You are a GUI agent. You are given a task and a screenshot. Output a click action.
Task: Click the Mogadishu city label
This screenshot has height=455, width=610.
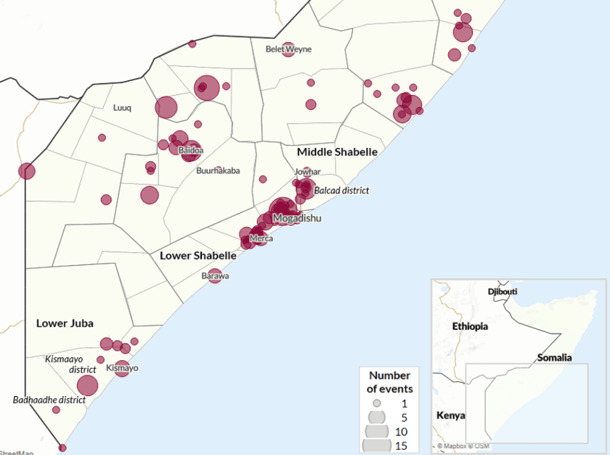point(297,219)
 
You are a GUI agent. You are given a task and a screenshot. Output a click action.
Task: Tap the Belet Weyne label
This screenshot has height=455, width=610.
point(288,49)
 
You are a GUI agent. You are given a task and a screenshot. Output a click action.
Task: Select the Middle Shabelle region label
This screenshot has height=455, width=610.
point(337,152)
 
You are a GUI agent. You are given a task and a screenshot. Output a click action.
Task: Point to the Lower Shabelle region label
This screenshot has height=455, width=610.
point(198,255)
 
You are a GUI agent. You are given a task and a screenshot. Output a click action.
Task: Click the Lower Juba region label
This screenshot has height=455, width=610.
point(65,322)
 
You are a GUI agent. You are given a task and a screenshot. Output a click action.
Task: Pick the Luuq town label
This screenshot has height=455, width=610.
point(122,107)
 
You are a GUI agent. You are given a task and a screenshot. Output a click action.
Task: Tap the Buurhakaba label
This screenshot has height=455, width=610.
point(218,171)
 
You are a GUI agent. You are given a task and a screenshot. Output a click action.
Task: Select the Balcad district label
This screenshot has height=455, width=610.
point(341,191)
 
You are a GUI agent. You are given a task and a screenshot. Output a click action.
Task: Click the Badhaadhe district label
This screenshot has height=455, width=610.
point(49,401)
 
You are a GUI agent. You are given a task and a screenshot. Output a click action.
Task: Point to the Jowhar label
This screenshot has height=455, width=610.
point(307,172)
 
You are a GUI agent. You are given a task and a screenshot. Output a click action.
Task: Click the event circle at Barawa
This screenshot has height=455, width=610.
point(215,276)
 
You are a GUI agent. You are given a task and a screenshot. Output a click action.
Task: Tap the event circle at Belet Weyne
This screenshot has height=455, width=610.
point(288,49)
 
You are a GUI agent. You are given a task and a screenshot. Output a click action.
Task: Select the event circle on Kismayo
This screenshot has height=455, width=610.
point(122,368)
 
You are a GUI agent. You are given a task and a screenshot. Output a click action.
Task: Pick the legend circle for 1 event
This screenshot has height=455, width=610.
point(376,403)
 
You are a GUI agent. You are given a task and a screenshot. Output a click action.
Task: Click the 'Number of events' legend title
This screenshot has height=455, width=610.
point(390,381)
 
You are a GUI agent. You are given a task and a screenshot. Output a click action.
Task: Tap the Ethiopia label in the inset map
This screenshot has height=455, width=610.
point(471,325)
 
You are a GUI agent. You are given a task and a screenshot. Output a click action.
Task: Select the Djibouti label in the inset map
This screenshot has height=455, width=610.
point(502,292)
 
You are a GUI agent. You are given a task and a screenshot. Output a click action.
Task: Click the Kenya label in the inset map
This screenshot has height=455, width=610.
point(450,415)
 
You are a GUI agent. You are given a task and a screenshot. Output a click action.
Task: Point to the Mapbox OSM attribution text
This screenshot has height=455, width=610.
point(463,446)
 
